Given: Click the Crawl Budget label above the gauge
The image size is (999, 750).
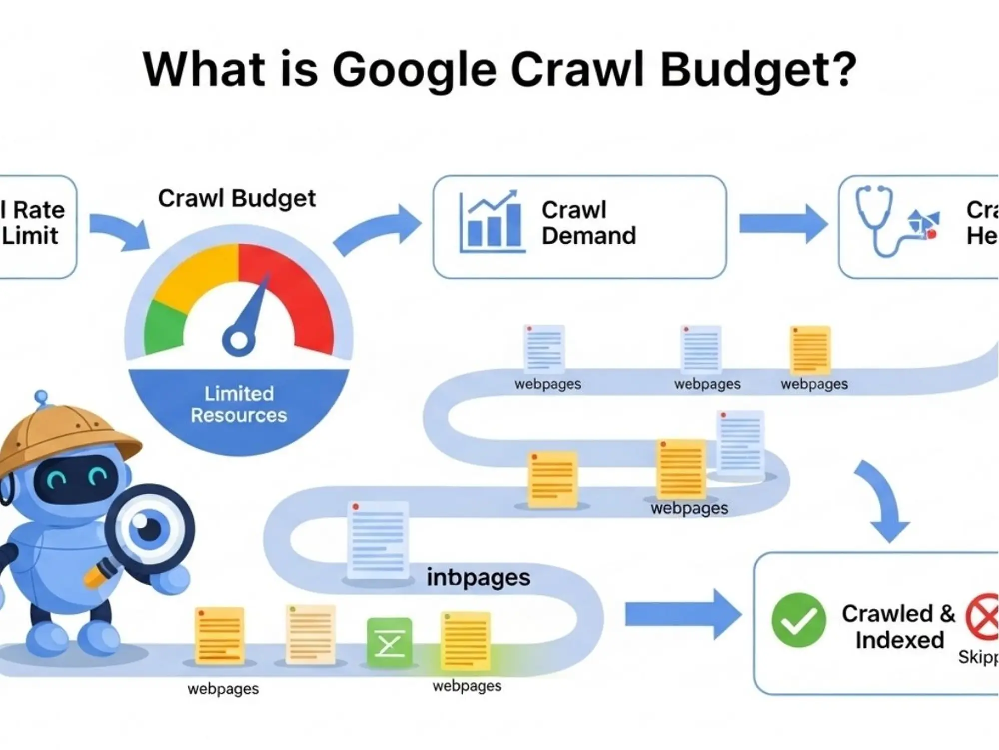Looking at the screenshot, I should [237, 198].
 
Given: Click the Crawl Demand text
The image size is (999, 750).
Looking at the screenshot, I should [588, 223].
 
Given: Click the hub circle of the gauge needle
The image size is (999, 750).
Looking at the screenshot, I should [238, 341].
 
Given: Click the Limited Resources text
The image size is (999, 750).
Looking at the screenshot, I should [239, 405].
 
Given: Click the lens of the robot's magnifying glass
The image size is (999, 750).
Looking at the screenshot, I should [149, 528].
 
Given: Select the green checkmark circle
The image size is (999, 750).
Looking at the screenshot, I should [798, 620].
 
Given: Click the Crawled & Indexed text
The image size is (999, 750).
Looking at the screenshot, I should [898, 627].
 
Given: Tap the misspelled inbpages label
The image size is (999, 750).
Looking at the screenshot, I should [478, 577].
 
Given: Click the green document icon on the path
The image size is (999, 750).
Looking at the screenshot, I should [390, 643].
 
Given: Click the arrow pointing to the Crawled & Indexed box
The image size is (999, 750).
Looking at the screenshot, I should [682, 614].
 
